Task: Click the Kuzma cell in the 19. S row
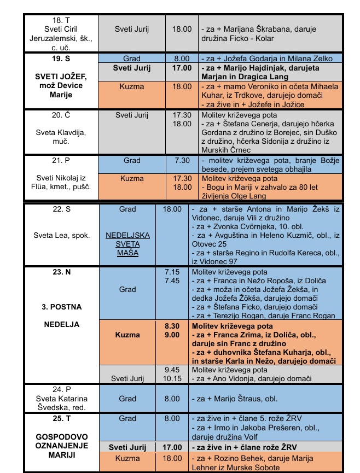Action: coord(132,86)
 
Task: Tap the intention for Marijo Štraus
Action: coord(244,399)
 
